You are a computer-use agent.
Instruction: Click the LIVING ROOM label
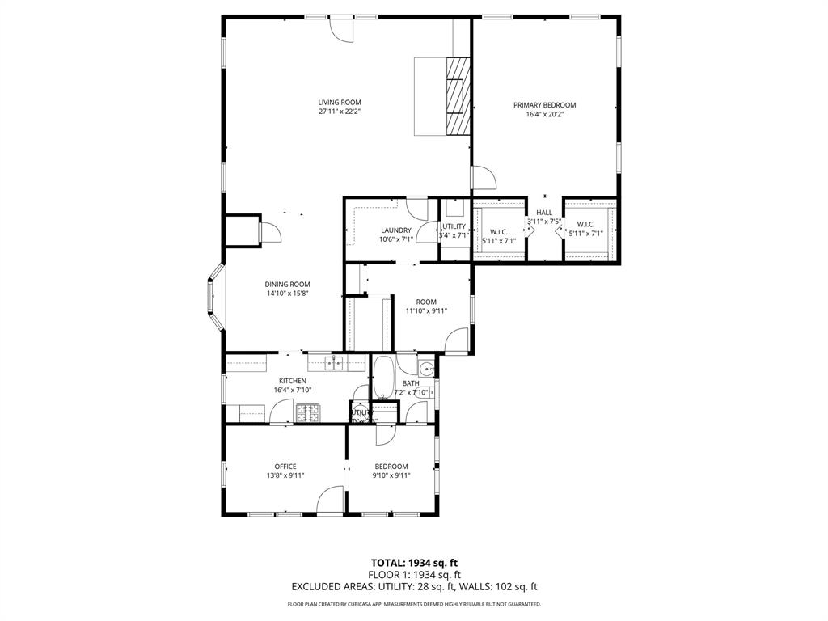(339, 102)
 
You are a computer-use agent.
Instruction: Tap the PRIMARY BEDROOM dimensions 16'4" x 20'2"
(544, 115)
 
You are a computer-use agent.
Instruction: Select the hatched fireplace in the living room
(458, 95)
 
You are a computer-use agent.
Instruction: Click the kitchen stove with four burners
(308, 414)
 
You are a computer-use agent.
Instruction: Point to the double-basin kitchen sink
(335, 363)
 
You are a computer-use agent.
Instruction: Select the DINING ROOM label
(288, 284)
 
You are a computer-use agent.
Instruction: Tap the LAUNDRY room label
(396, 230)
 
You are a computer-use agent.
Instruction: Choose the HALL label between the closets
(544, 213)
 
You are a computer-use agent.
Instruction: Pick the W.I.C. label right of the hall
(586, 224)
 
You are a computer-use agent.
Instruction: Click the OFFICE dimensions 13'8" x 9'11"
(285, 475)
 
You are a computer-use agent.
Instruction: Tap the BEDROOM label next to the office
(391, 466)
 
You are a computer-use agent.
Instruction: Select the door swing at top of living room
(341, 28)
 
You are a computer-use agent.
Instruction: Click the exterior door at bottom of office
(330, 501)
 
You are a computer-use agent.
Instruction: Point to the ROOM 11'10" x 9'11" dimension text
(425, 310)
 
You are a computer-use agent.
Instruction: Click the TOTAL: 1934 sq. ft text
(414, 563)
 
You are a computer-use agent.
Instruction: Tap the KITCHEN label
(292, 381)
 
